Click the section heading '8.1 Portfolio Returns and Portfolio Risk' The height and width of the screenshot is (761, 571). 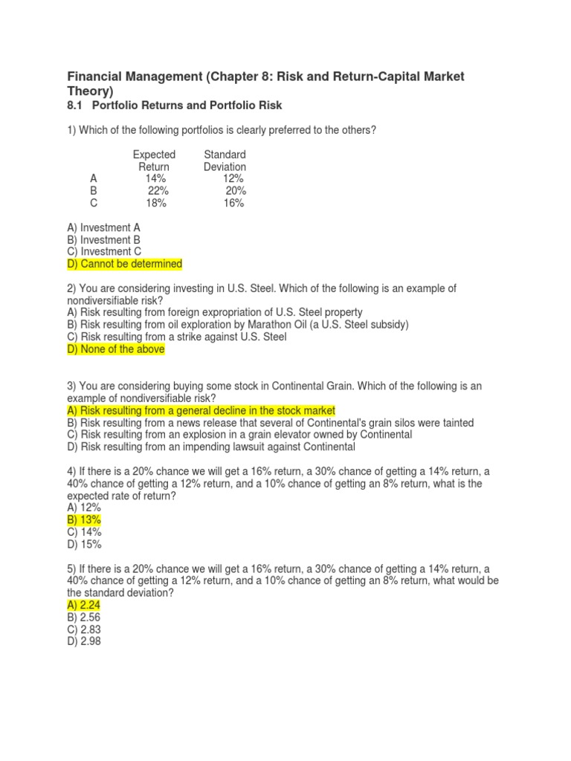(x=175, y=106)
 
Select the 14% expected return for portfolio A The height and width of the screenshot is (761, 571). (x=156, y=179)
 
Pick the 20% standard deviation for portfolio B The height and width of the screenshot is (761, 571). (x=236, y=191)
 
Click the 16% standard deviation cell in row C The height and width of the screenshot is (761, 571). (x=233, y=203)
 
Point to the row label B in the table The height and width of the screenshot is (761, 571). (x=94, y=191)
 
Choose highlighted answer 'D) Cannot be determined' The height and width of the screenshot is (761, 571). (x=124, y=264)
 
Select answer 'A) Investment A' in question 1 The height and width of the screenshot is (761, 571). (x=103, y=227)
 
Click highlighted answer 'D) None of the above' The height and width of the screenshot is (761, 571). (x=115, y=350)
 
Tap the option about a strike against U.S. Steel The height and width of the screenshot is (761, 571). (x=176, y=337)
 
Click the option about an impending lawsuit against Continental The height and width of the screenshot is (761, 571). (x=210, y=447)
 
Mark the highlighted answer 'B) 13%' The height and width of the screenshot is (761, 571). (x=84, y=519)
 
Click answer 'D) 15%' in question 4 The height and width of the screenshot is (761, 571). (x=84, y=544)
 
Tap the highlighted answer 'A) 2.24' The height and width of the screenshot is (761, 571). (x=84, y=605)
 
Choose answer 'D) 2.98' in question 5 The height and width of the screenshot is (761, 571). (x=84, y=641)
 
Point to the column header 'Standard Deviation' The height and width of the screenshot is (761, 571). (x=225, y=161)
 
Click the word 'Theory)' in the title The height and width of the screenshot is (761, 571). (x=90, y=91)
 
